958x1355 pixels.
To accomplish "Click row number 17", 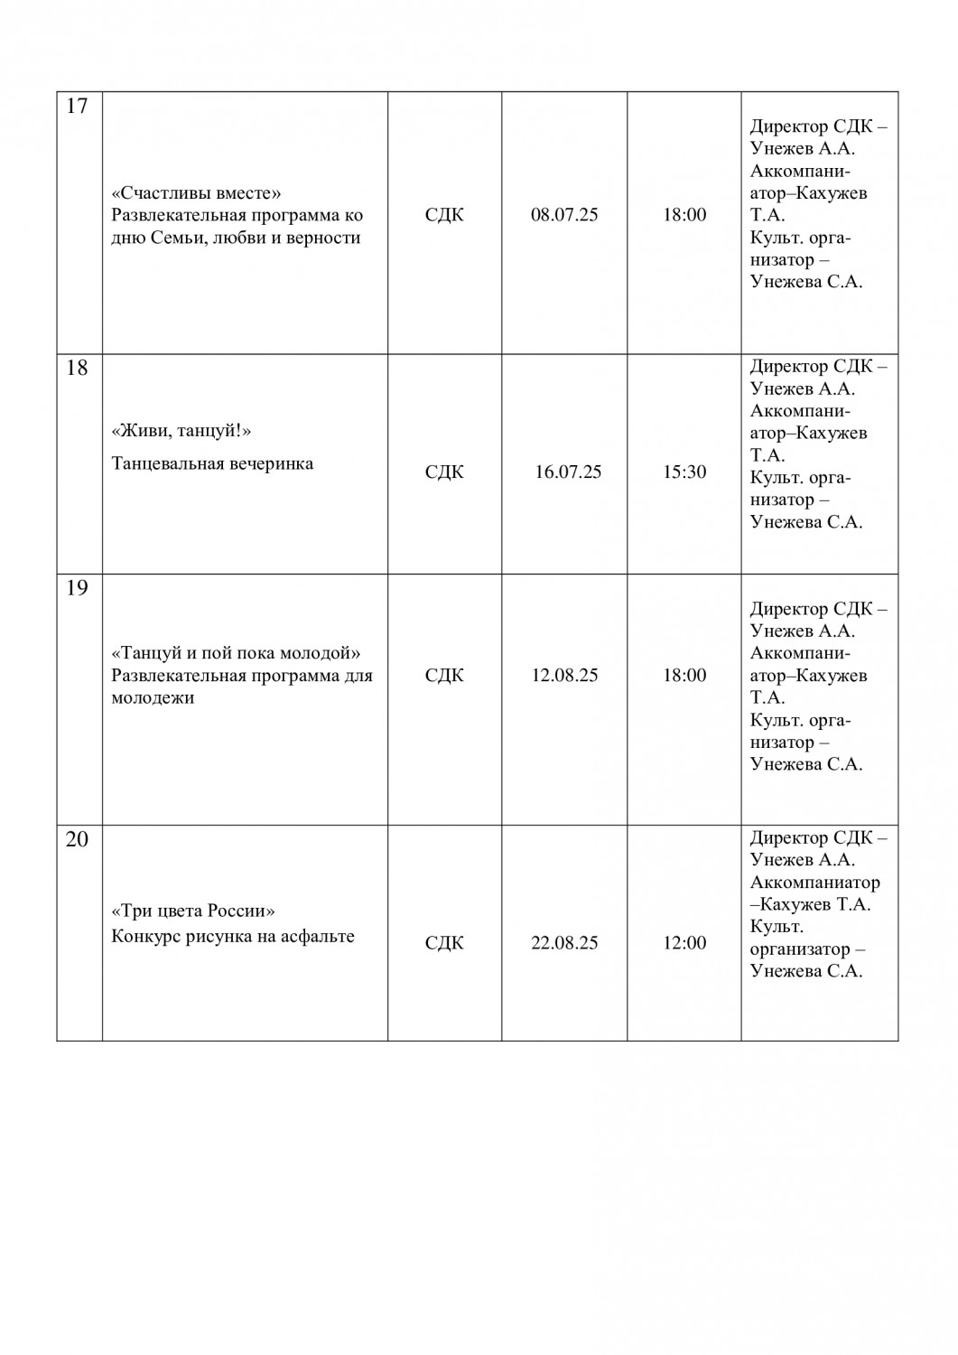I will point(78,107).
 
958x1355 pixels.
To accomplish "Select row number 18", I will point(78,369).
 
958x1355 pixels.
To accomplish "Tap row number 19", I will point(78,588).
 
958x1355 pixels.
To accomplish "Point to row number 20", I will point(78,839).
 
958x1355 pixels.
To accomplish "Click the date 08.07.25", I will point(564,215).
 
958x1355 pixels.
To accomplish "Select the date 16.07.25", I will point(568,472).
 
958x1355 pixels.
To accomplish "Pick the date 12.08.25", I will point(564,675).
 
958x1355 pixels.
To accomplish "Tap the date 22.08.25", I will point(564,942).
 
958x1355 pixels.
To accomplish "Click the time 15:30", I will point(684,472).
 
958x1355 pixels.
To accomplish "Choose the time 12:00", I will point(684,942).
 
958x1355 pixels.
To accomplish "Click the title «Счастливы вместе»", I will point(197,192).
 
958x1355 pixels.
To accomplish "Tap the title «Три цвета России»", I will point(193,910).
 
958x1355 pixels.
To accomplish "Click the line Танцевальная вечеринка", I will point(212,463).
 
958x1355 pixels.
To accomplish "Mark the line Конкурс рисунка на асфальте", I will point(232,936).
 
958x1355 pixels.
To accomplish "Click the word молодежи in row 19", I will point(153,697).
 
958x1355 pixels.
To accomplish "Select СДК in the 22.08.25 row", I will point(444,942).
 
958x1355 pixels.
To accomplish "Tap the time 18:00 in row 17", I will point(684,215).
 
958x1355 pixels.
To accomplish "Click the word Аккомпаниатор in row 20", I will point(814,883).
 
